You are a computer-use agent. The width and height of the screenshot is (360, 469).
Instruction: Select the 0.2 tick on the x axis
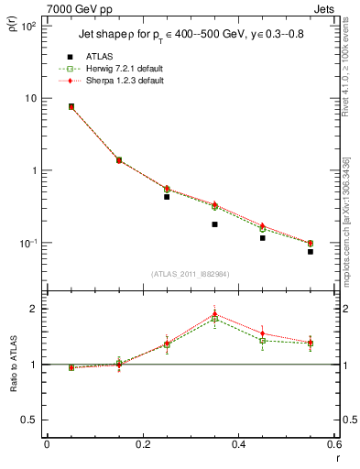pos(142,443)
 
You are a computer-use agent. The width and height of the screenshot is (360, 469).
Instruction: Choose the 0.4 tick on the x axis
pos(238,443)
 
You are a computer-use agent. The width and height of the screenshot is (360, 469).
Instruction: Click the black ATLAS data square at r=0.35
pos(214,224)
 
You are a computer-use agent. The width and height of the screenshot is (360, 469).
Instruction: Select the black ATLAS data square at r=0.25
pos(167,197)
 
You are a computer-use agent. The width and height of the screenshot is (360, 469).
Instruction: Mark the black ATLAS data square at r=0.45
pos(262,238)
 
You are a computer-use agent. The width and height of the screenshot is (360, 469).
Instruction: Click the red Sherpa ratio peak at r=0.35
pos(214,313)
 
